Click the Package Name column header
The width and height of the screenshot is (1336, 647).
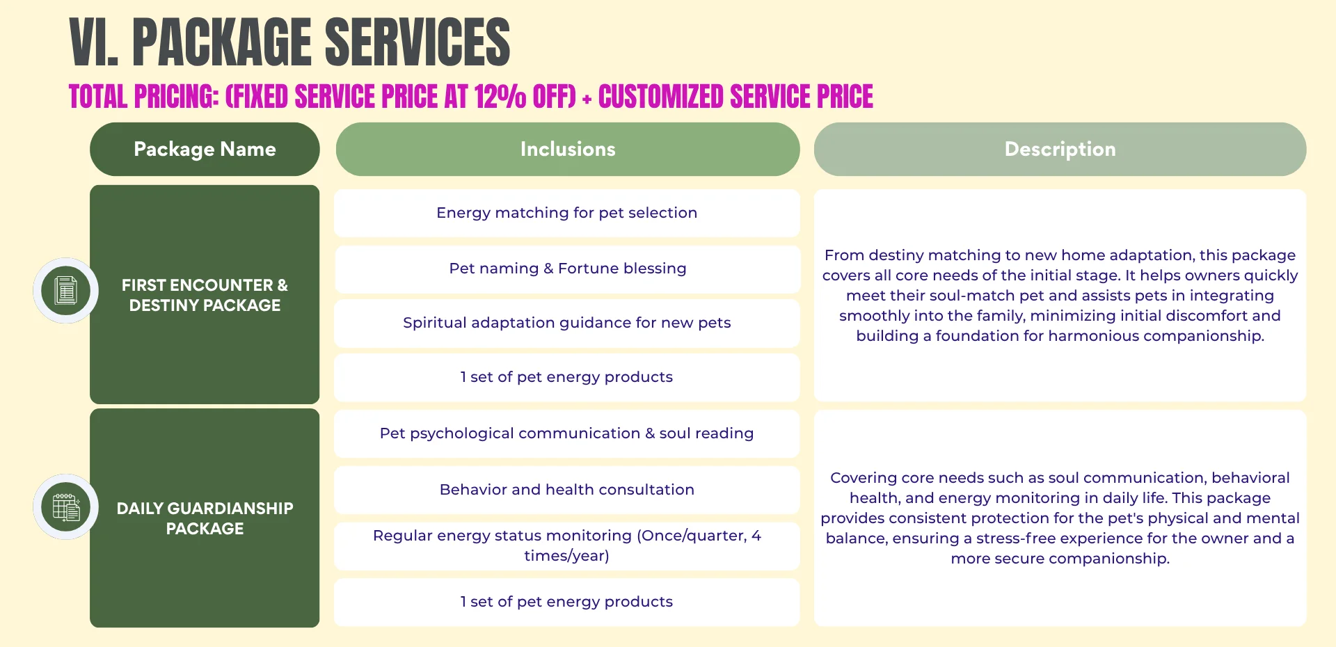click(x=205, y=149)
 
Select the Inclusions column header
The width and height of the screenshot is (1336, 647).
click(x=567, y=149)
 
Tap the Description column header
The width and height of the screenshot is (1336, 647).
click(x=1060, y=149)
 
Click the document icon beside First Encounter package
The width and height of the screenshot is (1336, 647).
click(x=66, y=290)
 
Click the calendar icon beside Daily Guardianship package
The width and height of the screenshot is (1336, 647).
click(x=66, y=506)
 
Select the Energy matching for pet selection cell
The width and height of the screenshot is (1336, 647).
click(x=566, y=213)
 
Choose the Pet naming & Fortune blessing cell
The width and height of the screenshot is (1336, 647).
click(x=567, y=269)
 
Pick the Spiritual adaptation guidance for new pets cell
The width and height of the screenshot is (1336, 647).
click(x=566, y=323)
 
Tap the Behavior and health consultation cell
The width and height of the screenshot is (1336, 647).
click(x=566, y=490)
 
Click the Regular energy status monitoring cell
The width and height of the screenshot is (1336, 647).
click(x=566, y=545)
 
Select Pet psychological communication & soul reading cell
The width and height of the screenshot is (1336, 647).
click(x=566, y=433)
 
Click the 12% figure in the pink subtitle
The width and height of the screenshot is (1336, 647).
click(x=500, y=97)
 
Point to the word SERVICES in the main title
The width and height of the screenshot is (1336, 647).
click(x=417, y=43)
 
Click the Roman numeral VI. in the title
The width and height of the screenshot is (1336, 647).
click(x=93, y=43)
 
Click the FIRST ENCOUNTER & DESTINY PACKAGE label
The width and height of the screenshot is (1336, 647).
click(x=205, y=295)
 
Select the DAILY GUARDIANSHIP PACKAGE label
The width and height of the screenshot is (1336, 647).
click(x=205, y=518)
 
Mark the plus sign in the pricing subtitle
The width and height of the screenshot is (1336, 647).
click(x=587, y=99)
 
